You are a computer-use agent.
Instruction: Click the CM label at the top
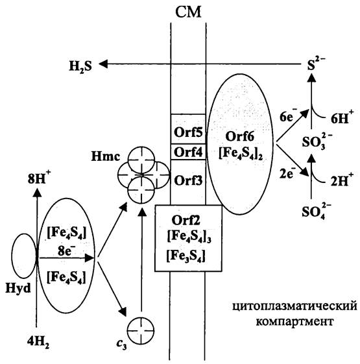[188, 12]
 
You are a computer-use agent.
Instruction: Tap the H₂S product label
[80, 66]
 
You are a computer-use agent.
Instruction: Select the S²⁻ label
[316, 64]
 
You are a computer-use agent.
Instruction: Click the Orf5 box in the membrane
[188, 129]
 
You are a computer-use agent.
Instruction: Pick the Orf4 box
[188, 152]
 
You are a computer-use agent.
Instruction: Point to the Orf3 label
[188, 180]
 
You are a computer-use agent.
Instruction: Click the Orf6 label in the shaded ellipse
[240, 137]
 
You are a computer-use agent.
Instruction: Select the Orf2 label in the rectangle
[186, 221]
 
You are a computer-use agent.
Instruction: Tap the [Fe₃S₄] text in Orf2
[186, 256]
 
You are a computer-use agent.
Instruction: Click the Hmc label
[106, 156]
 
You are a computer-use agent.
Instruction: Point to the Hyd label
[18, 289]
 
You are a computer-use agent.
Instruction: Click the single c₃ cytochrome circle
[141, 330]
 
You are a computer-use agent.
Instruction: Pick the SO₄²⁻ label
[317, 211]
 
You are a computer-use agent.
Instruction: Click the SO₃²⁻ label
[317, 141]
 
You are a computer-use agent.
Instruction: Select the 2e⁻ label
[287, 173]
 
